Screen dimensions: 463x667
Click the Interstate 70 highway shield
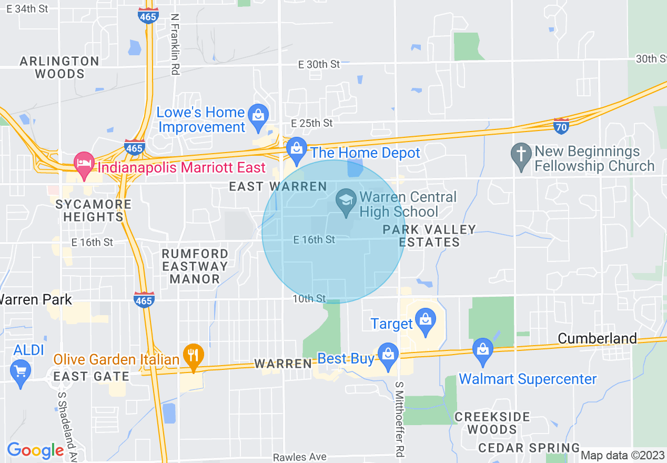click(561, 126)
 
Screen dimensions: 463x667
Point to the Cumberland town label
click(597, 338)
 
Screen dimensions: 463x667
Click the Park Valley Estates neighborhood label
click(429, 236)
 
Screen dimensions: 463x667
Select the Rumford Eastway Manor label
click(195, 266)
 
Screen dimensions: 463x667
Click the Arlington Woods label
click(59, 67)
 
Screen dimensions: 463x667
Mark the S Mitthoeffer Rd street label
click(400, 418)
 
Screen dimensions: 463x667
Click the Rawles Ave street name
click(299, 457)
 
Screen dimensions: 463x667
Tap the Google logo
click(35, 450)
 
